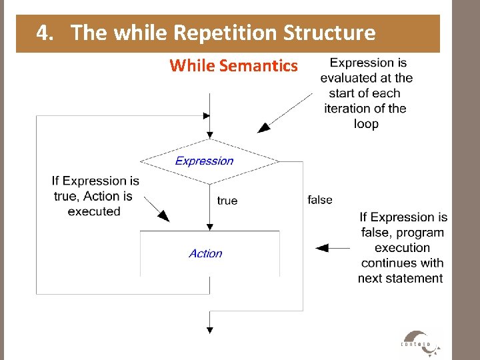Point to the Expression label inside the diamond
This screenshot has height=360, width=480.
click(x=204, y=161)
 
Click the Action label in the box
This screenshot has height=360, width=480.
click(x=205, y=253)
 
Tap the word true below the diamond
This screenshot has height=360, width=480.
click(x=227, y=201)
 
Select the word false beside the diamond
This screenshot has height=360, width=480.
click(x=320, y=199)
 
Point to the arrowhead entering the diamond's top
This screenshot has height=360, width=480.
click(x=210, y=134)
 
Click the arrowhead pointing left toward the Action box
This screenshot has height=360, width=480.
click(x=322, y=248)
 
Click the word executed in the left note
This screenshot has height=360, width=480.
click(x=94, y=212)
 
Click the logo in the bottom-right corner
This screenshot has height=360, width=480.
click(x=420, y=341)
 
